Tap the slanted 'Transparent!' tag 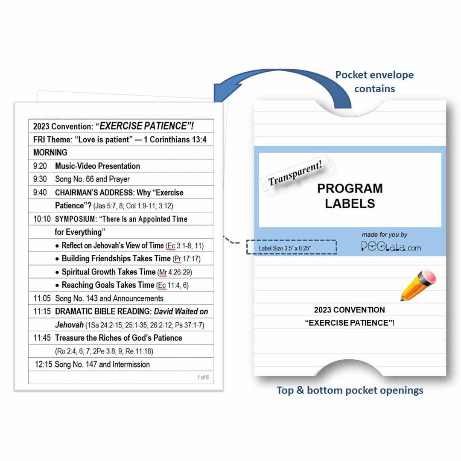295,174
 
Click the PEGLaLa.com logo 391,246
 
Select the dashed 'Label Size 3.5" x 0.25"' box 292,248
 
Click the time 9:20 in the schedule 40,166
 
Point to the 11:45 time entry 42,338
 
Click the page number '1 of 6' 203,377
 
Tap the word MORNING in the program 50,152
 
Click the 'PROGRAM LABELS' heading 350,196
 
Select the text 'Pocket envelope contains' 374,82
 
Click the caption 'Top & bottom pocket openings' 350,390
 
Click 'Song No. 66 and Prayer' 92,179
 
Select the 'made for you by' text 384,234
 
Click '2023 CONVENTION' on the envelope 349,310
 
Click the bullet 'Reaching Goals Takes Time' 108,285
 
